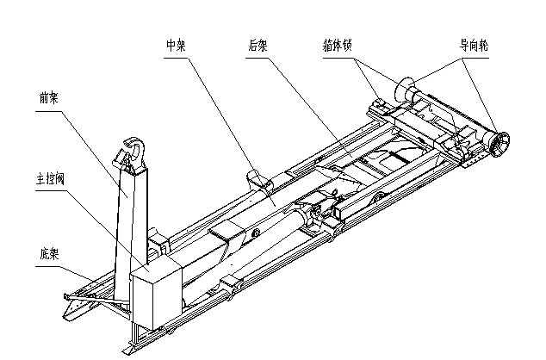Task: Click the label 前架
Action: point(50,96)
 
